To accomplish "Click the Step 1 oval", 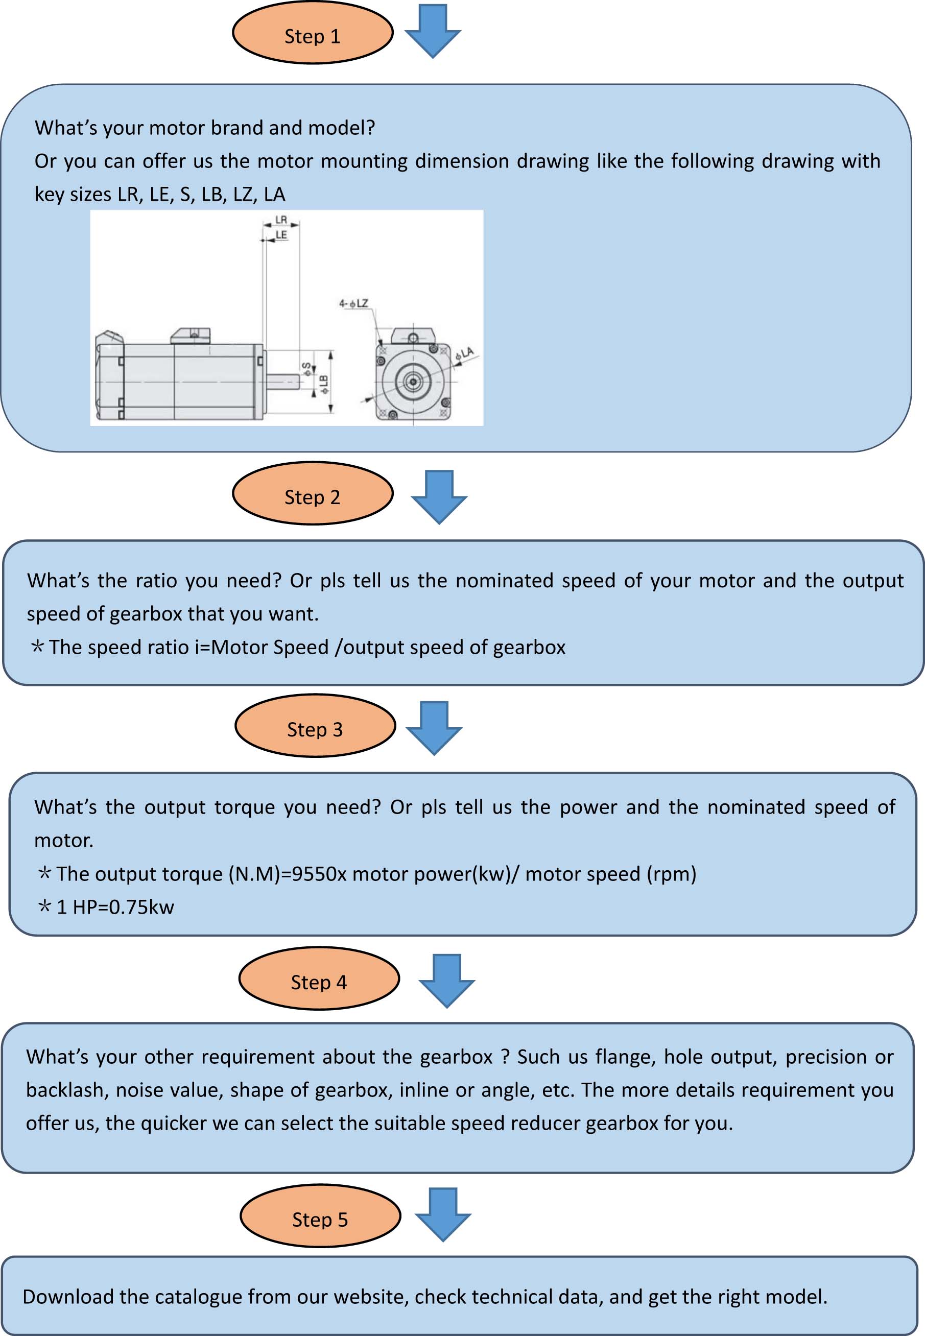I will click(313, 34).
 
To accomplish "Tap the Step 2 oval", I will click(313, 494).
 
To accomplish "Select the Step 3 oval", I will click(315, 726).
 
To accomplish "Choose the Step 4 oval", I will click(319, 979).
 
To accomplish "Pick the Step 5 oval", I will click(320, 1216).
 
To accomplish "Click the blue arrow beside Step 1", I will click(432, 31).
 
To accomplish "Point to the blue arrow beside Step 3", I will click(434, 728).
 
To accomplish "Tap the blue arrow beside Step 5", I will click(443, 1214).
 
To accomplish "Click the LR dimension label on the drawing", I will click(281, 220).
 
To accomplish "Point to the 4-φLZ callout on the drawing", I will click(353, 303).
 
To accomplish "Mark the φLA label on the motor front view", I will click(465, 353).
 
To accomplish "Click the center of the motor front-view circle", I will click(413, 381).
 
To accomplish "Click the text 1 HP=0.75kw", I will click(115, 906).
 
